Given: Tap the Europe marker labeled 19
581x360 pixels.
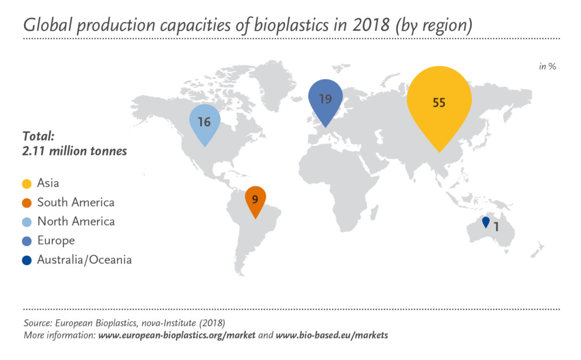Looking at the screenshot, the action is click(x=325, y=100).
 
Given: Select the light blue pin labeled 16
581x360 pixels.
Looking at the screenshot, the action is click(x=205, y=122).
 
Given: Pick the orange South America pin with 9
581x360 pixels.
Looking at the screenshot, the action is click(x=255, y=200).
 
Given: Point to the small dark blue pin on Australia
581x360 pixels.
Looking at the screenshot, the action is click(x=486, y=222).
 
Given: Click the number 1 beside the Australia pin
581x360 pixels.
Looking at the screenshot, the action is click(x=496, y=226).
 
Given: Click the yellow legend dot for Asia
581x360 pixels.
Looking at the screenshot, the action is click(x=27, y=183).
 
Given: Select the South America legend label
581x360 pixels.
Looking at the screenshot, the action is click(x=75, y=202).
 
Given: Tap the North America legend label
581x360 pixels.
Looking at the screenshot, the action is click(x=76, y=221).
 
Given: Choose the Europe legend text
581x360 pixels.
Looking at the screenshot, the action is click(x=56, y=240).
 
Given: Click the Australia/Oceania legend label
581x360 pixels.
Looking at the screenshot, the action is click(x=85, y=260).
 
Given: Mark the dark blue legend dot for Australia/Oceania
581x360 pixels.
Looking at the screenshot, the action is click(x=27, y=260).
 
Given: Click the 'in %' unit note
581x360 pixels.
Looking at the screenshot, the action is click(x=548, y=66).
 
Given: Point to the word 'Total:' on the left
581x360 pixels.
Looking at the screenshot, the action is click(x=38, y=136).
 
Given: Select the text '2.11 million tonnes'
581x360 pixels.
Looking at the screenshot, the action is click(x=74, y=151).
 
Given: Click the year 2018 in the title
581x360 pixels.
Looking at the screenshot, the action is click(x=371, y=25).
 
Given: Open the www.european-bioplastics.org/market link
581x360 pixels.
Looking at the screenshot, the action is click(x=177, y=335).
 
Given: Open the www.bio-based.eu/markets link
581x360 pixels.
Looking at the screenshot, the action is click(x=332, y=335).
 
